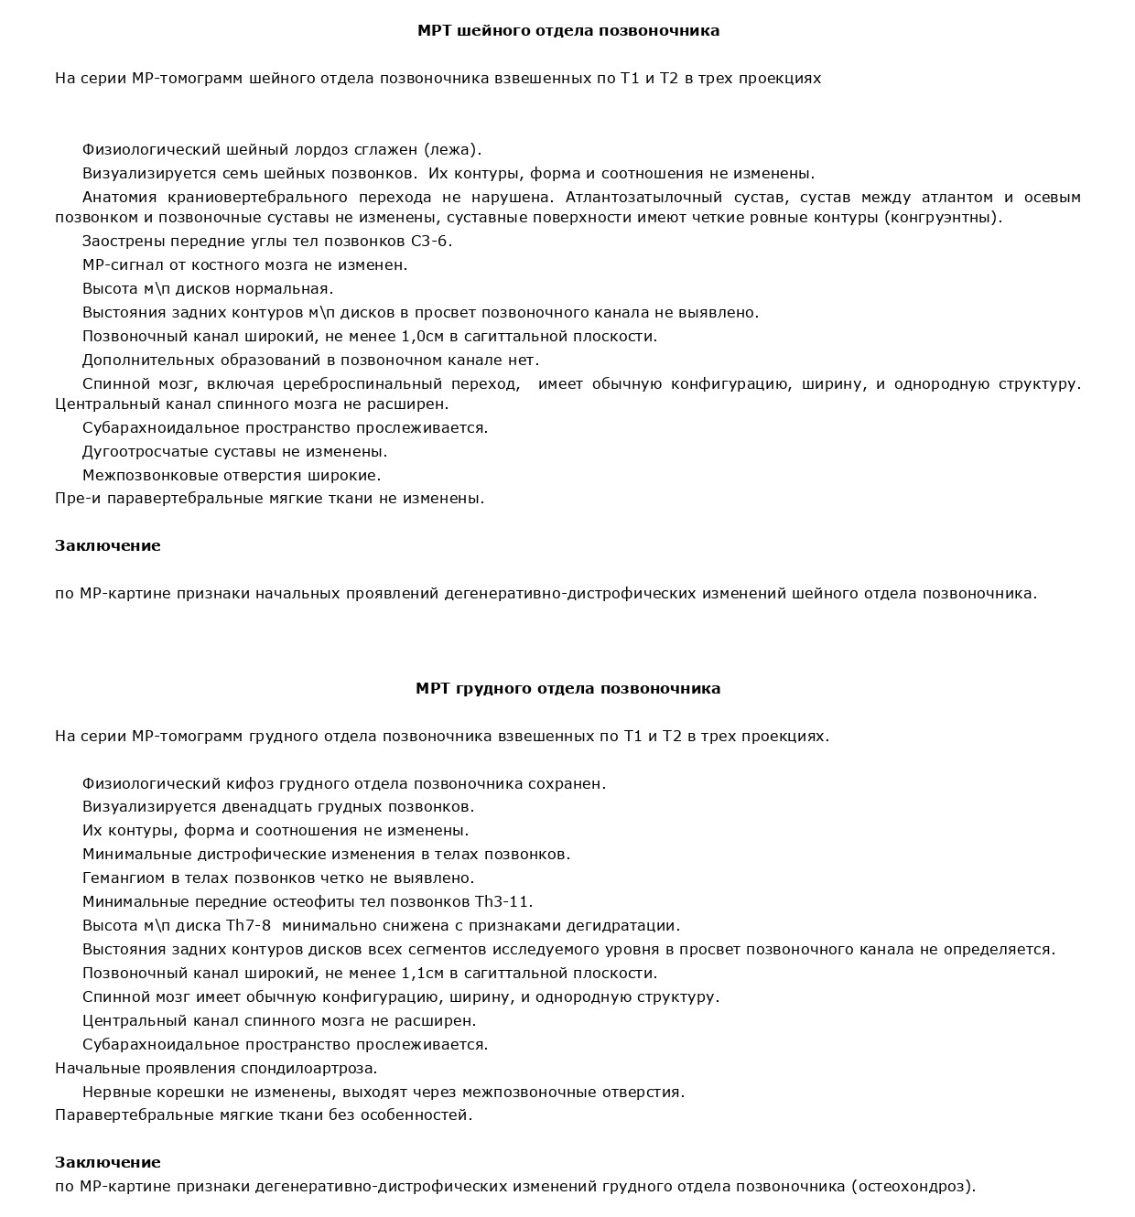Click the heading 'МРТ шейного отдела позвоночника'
point(567,31)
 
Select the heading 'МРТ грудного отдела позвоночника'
point(567,689)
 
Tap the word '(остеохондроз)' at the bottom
point(913,1188)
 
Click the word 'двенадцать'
point(269,807)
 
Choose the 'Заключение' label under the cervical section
point(107,546)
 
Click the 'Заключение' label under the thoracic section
point(107,1163)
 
